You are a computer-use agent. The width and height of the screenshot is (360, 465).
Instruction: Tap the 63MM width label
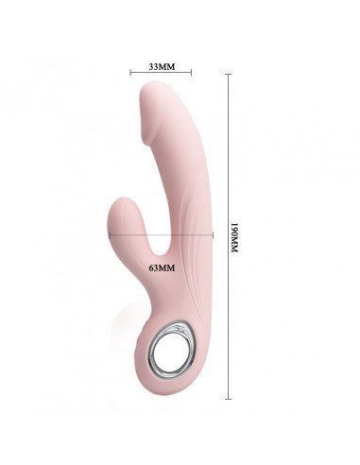163,268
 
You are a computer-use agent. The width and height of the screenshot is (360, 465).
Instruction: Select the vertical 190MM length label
235,242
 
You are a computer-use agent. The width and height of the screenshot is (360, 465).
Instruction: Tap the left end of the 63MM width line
111,233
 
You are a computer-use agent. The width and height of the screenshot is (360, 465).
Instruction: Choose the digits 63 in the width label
155,268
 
